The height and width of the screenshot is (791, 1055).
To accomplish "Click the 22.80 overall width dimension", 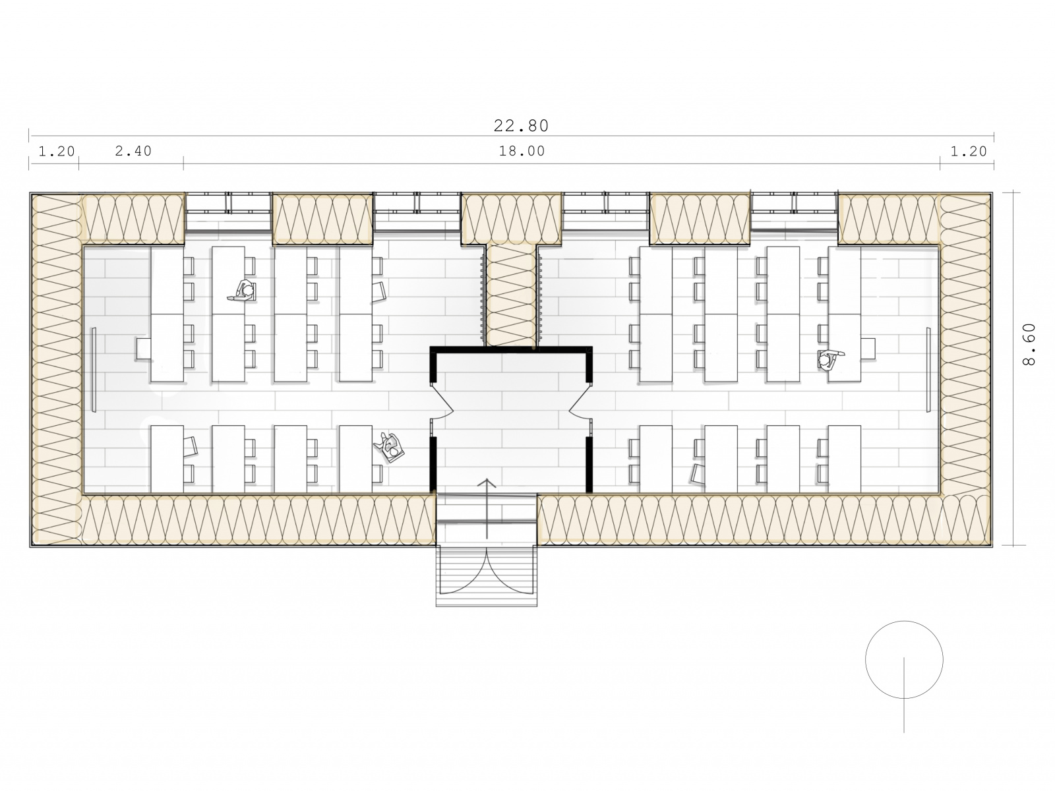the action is click(x=521, y=126).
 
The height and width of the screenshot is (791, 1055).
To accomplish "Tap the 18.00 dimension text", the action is click(x=522, y=152).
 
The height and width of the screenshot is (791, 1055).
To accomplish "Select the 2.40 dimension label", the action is click(x=133, y=152).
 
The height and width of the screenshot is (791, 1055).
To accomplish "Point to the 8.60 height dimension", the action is click(x=1028, y=344).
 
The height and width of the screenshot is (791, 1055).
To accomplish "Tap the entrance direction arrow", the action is click(x=487, y=508).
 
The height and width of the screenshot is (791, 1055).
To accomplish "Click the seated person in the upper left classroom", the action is click(x=244, y=291).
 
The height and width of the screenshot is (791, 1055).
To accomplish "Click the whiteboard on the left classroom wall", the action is click(x=94, y=369).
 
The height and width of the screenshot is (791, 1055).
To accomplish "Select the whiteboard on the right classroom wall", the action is click(x=928, y=369).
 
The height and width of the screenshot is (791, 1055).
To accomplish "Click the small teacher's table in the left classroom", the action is click(x=144, y=349).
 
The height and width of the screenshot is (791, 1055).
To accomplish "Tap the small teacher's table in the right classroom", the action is click(x=868, y=349).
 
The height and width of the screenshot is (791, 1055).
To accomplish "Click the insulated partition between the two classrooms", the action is click(x=511, y=295).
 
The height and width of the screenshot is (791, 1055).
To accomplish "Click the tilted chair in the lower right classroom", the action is click(x=698, y=473).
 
